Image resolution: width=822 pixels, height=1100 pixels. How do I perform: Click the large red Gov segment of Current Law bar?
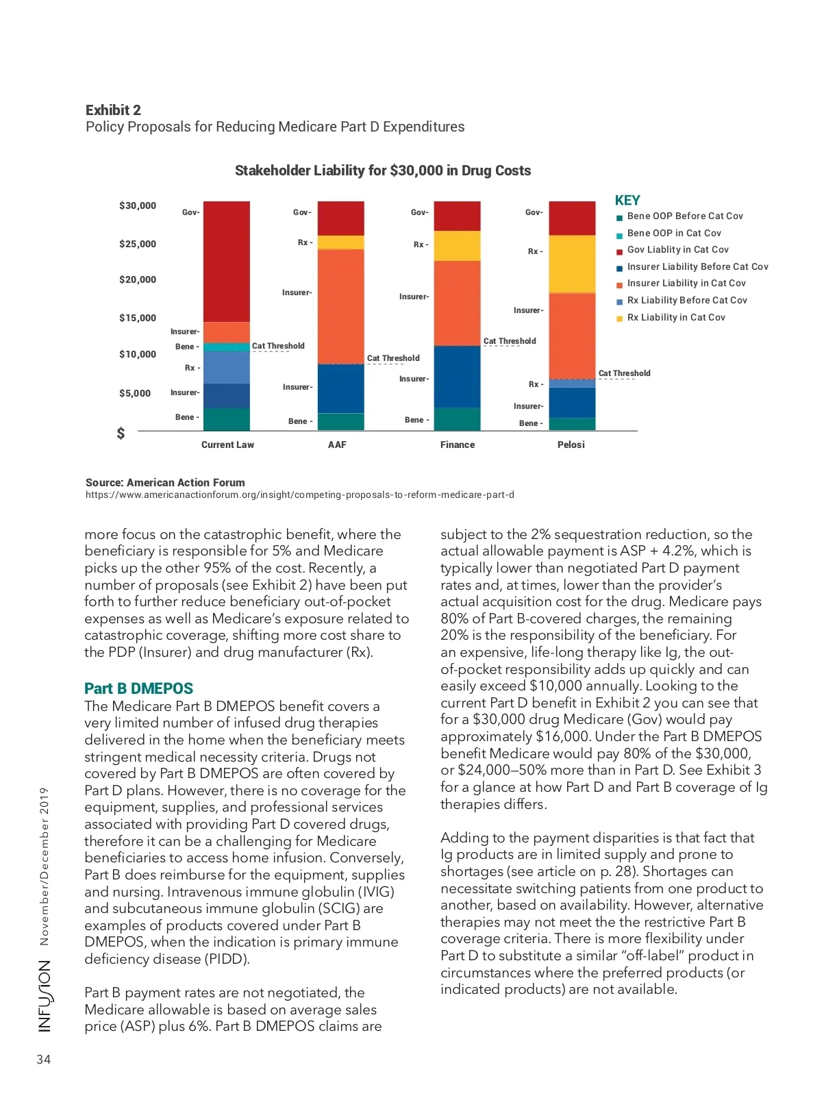tap(227, 261)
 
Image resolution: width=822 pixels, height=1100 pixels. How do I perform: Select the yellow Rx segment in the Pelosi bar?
tap(572, 264)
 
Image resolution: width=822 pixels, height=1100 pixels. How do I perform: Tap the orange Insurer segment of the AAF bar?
tap(341, 306)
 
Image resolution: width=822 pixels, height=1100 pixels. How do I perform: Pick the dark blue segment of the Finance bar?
tap(457, 377)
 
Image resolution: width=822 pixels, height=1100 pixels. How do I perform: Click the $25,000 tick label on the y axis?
tap(138, 244)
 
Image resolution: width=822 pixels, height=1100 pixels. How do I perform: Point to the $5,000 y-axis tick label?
tap(135, 393)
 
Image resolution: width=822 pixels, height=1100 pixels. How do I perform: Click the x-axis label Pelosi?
tap(571, 445)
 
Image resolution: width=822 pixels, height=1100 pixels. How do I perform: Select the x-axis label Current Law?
tap(227, 445)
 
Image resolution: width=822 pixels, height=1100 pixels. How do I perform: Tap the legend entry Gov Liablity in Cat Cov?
tap(677, 250)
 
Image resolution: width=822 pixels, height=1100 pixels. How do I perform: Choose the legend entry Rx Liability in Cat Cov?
tap(675, 317)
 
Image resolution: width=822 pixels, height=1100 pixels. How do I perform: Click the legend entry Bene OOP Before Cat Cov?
tap(684, 216)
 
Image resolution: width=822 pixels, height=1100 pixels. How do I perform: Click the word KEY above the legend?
tap(627, 200)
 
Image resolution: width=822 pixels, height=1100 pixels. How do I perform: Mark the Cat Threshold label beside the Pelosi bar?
tap(624, 373)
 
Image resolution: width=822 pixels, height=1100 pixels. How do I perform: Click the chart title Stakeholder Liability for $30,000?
tap(383, 171)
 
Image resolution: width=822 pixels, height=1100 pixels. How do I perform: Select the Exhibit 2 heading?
tap(113, 110)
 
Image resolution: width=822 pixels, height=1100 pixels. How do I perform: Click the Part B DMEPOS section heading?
tap(138, 688)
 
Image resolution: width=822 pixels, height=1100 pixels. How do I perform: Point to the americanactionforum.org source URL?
tap(299, 495)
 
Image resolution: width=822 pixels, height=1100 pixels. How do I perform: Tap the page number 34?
tap(44, 1060)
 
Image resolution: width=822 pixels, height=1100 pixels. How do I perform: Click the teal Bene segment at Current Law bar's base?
tap(227, 419)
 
